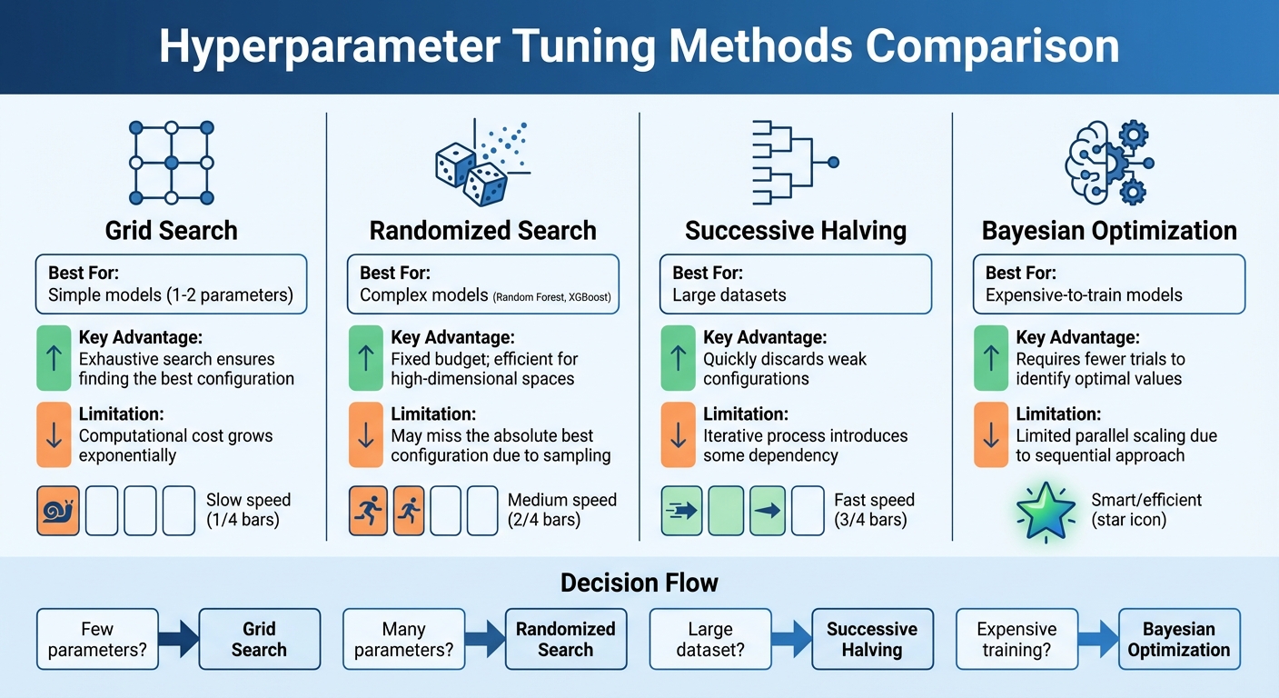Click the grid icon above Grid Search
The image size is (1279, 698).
(x=171, y=162)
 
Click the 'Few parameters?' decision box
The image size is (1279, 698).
(x=97, y=639)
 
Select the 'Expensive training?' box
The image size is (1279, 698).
(x=1016, y=639)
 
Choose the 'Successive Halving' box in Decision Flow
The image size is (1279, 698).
(x=872, y=639)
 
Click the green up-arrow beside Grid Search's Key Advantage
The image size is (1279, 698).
(x=54, y=358)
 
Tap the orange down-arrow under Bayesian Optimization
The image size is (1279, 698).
(x=991, y=434)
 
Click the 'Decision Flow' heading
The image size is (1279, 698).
(x=639, y=583)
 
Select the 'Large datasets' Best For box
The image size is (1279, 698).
(x=796, y=284)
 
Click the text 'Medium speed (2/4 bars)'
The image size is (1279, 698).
(x=561, y=510)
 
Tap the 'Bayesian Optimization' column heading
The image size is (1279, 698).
(x=1109, y=230)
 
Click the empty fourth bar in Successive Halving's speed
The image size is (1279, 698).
(x=808, y=511)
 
